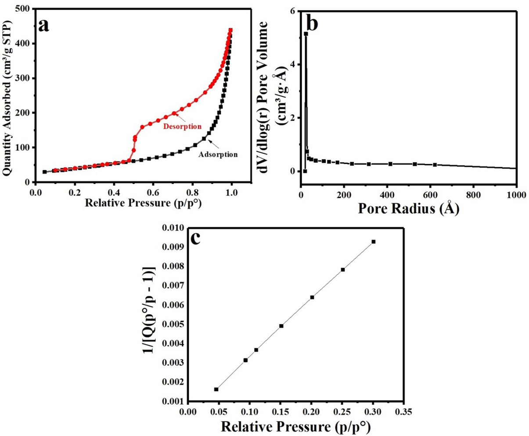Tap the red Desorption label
click(182, 127)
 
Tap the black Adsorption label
click(218, 154)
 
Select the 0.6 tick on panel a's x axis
click(153, 193)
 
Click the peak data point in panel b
click(306, 34)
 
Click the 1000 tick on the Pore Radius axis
click(515, 194)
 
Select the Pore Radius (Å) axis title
click(408, 208)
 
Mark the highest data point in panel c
click(374, 242)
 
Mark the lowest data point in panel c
click(216, 389)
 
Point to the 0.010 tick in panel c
click(173, 228)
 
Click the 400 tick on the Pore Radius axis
click(387, 194)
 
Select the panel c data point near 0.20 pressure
click(312, 297)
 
